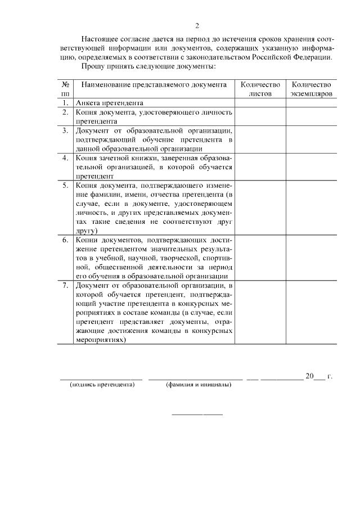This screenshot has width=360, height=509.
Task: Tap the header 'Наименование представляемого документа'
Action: point(154,84)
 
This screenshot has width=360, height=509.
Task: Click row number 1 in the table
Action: point(65,103)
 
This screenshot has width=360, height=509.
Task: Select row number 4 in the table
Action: point(65,157)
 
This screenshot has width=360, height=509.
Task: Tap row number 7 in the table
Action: point(65,286)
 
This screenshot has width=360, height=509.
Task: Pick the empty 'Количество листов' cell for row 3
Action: point(260,139)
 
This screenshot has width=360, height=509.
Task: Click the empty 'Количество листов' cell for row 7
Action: point(260,313)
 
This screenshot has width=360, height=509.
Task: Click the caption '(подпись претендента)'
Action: point(102,385)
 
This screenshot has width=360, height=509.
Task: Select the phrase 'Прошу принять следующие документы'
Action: point(148,66)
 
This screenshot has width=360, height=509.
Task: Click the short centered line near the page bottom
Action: point(197,415)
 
